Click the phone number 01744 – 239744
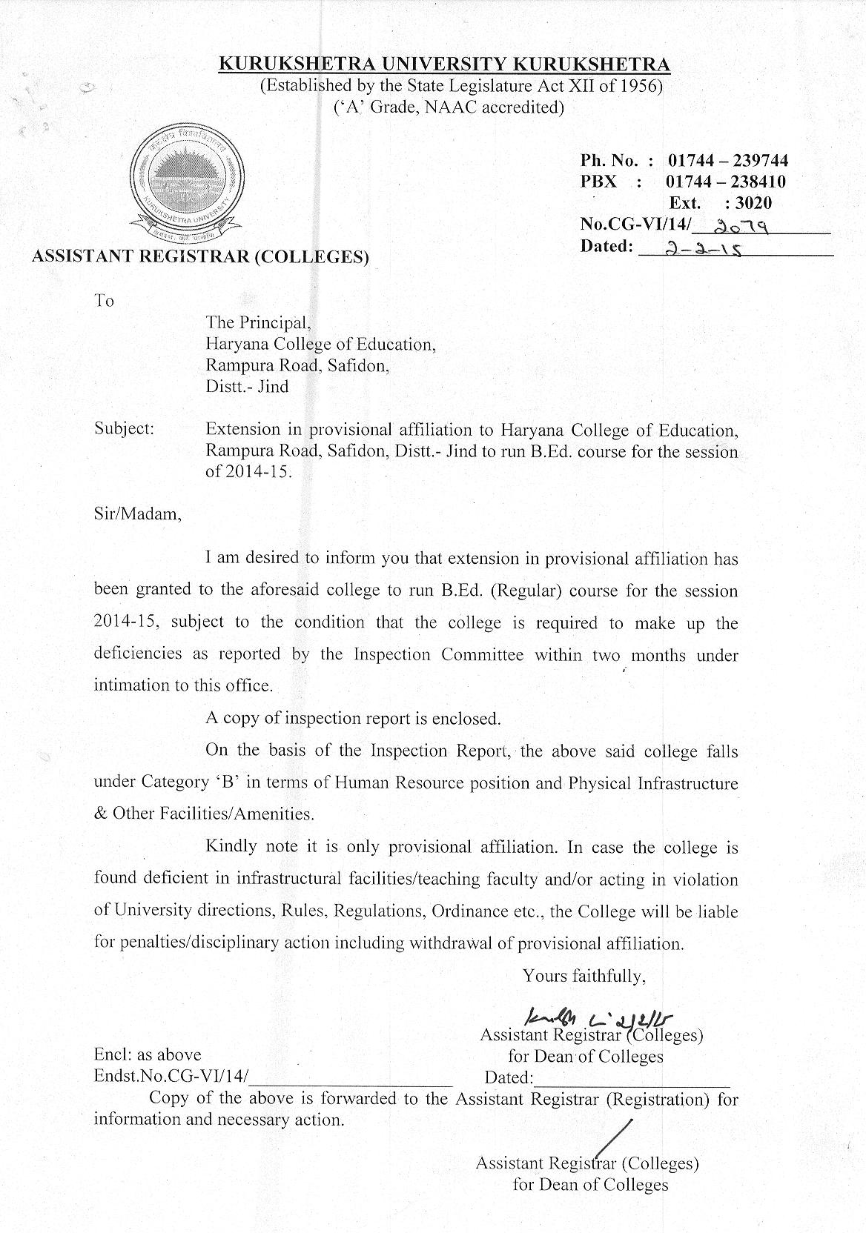[727, 160]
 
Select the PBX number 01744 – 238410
[726, 182]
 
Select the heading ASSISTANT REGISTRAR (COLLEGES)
[199, 257]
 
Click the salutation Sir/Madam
[137, 513]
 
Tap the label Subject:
[124, 428]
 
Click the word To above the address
[104, 300]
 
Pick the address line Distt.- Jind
[247, 386]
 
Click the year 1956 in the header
[640, 85]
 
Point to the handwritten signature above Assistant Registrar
[604, 1018]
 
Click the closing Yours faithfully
[584, 975]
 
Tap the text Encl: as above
[147, 1054]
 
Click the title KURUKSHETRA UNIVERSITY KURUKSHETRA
[444, 64]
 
